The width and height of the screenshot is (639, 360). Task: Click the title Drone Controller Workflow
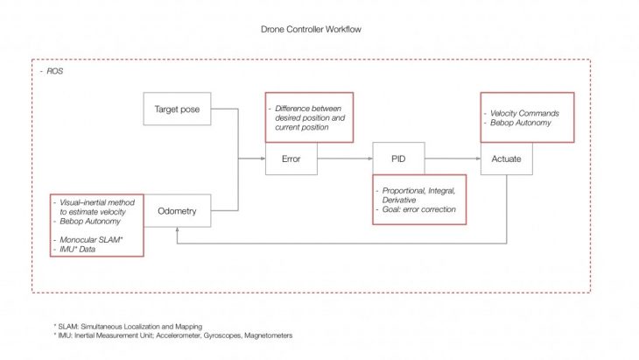[311, 30]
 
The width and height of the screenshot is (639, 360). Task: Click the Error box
[291, 159]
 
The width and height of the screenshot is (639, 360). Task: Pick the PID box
[398, 159]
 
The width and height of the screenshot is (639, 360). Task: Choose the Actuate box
[506, 159]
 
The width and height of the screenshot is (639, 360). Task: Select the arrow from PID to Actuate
[452, 159]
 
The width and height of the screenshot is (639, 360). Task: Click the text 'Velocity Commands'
[523, 114]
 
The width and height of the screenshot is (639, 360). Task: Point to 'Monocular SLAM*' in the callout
[91, 238]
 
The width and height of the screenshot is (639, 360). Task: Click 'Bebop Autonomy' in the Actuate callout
[520, 124]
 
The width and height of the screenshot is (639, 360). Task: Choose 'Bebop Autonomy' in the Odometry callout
[92, 221]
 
